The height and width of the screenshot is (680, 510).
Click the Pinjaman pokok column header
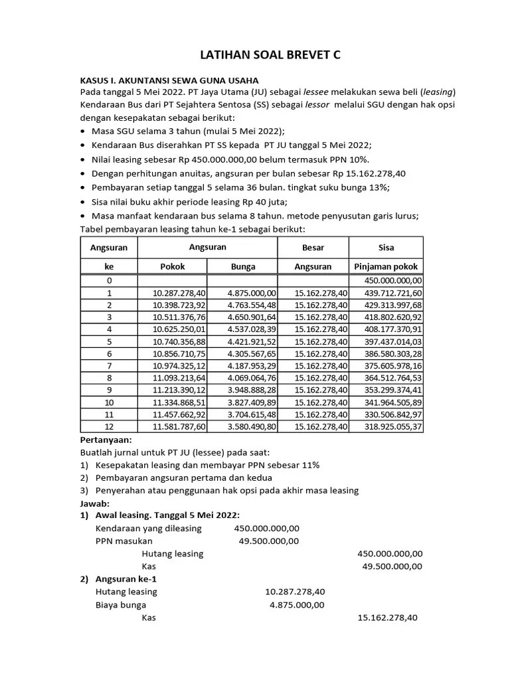(x=386, y=266)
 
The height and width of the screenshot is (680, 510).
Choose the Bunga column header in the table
(x=242, y=266)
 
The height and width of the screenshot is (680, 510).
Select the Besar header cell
(x=313, y=248)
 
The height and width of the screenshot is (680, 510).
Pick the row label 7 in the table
(x=109, y=366)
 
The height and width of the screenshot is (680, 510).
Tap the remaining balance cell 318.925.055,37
(x=392, y=426)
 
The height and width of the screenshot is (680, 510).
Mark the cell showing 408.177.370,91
(x=392, y=329)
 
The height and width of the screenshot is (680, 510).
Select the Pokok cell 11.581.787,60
(x=179, y=426)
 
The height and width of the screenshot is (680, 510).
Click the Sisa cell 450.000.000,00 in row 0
(x=392, y=280)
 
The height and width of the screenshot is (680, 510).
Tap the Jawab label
(x=95, y=503)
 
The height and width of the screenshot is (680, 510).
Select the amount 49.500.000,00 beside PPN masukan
(x=268, y=541)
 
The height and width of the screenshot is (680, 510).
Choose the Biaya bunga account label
(x=121, y=605)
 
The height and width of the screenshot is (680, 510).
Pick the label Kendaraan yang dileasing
(x=149, y=528)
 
